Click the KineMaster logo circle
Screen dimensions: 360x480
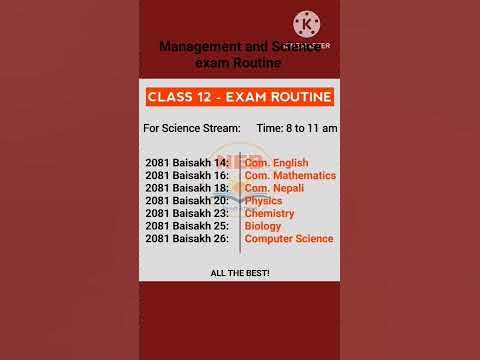point(307,25)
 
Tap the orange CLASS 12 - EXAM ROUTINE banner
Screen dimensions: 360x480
point(239,97)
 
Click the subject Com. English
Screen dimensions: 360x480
point(276,163)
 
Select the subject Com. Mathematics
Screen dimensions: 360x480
point(290,176)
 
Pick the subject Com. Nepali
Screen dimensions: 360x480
point(274,188)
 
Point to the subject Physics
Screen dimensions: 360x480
point(264,201)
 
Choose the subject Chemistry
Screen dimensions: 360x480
point(269,213)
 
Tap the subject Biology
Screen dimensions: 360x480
point(263,226)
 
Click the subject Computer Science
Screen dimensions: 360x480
point(289,239)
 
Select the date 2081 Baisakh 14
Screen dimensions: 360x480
point(187,163)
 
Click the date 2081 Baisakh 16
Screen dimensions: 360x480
point(187,176)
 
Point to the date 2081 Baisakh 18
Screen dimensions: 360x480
point(187,188)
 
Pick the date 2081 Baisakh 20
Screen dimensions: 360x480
point(187,201)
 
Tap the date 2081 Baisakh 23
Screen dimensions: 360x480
point(187,213)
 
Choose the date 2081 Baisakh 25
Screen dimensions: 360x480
point(187,226)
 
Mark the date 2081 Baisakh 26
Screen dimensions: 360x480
point(187,239)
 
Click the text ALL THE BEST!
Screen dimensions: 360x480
point(239,273)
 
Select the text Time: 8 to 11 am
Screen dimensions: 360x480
point(297,129)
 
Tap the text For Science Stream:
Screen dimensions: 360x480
point(192,129)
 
